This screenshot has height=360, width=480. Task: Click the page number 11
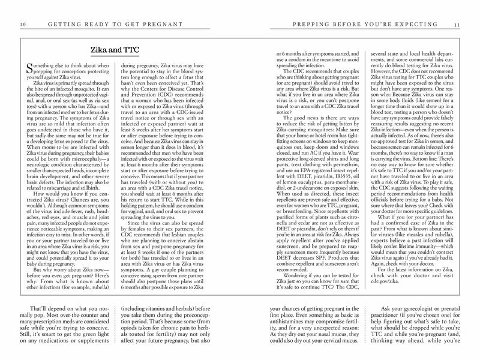457,23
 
